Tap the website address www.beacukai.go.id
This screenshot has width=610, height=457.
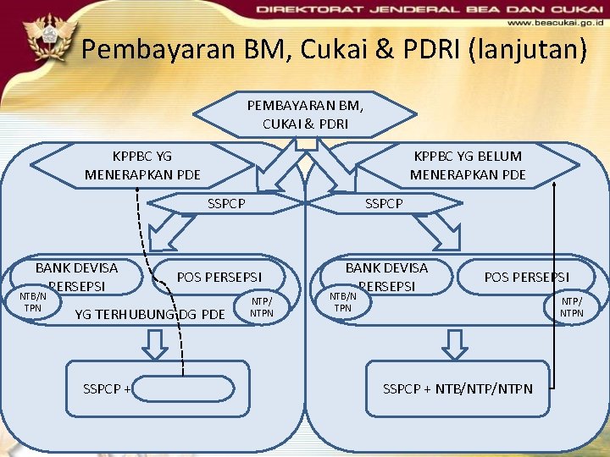tap(554, 23)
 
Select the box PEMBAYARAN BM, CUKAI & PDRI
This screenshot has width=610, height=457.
tap(305, 114)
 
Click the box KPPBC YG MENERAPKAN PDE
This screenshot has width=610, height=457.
tap(142, 165)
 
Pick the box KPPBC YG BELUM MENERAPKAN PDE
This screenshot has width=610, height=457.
tap(468, 165)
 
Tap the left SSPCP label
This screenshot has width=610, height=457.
tap(227, 203)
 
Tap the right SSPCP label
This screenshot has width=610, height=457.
tap(384, 203)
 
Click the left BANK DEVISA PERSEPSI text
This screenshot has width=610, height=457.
tap(76, 276)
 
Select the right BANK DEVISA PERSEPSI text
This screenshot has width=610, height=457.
tap(386, 276)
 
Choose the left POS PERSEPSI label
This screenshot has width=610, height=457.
tap(219, 277)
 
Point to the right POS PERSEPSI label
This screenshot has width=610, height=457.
tap(526, 277)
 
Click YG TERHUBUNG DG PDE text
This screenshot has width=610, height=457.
tap(150, 315)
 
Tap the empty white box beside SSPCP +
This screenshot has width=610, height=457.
tap(183, 389)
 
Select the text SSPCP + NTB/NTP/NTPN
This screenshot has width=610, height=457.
tap(457, 388)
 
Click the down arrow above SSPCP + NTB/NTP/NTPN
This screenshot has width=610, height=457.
tap(456, 344)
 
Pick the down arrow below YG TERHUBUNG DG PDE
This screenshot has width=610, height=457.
tap(154, 344)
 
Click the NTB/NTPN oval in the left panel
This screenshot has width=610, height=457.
tap(33, 302)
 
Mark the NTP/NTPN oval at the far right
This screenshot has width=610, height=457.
tap(572, 306)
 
